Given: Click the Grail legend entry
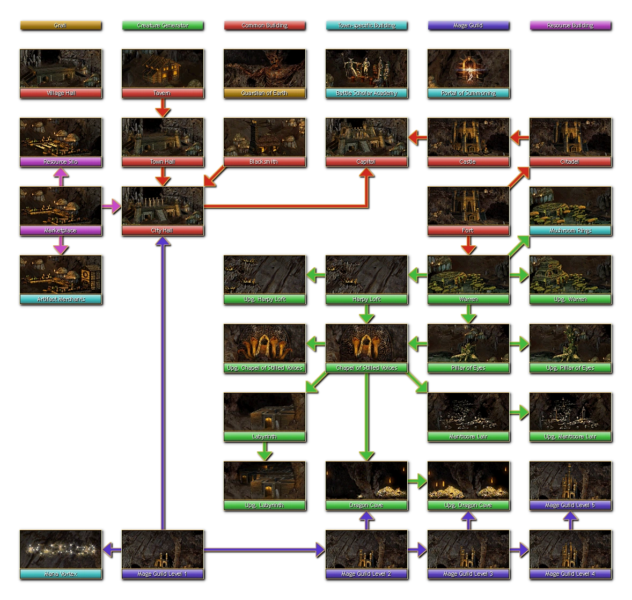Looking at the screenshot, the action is [x=60, y=25].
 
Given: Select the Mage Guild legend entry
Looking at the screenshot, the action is [x=468, y=25].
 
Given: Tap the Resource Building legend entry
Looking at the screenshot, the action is [x=570, y=25].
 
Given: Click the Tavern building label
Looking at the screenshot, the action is [x=162, y=93].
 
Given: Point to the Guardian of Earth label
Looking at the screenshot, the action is [x=264, y=93].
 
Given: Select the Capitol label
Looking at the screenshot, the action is [x=366, y=162].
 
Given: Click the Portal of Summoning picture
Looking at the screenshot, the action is [x=468, y=69].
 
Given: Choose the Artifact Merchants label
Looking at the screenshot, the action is [x=61, y=299].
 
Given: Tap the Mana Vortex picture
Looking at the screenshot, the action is [x=61, y=550].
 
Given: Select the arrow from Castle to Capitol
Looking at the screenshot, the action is [x=417, y=138].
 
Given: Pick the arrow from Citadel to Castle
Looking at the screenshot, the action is [x=519, y=138].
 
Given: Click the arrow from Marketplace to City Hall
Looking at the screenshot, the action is [x=111, y=206].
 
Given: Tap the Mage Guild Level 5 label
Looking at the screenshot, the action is [x=570, y=506].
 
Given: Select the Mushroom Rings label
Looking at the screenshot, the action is [x=570, y=231].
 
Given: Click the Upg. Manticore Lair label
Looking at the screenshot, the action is [x=570, y=437].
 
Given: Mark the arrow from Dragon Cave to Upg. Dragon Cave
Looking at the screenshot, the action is [x=417, y=481].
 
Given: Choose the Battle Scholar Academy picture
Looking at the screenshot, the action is [x=366, y=69].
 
